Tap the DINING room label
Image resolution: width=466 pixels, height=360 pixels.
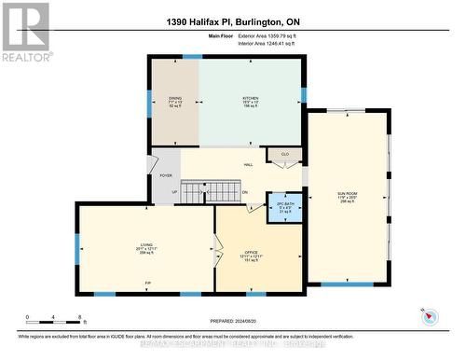click(175, 97)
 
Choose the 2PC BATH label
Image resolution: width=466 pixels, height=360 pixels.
click(274, 204)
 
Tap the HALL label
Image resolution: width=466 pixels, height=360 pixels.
click(248, 165)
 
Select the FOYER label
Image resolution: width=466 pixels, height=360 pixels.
click(166, 174)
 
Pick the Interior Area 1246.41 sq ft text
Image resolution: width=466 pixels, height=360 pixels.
click(278, 42)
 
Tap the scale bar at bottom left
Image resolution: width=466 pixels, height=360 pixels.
click(54, 319)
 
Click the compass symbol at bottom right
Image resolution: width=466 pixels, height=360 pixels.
click(430, 316)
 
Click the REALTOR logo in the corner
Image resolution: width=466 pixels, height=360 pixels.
click(25, 32)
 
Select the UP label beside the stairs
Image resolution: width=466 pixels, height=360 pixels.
click(173, 192)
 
